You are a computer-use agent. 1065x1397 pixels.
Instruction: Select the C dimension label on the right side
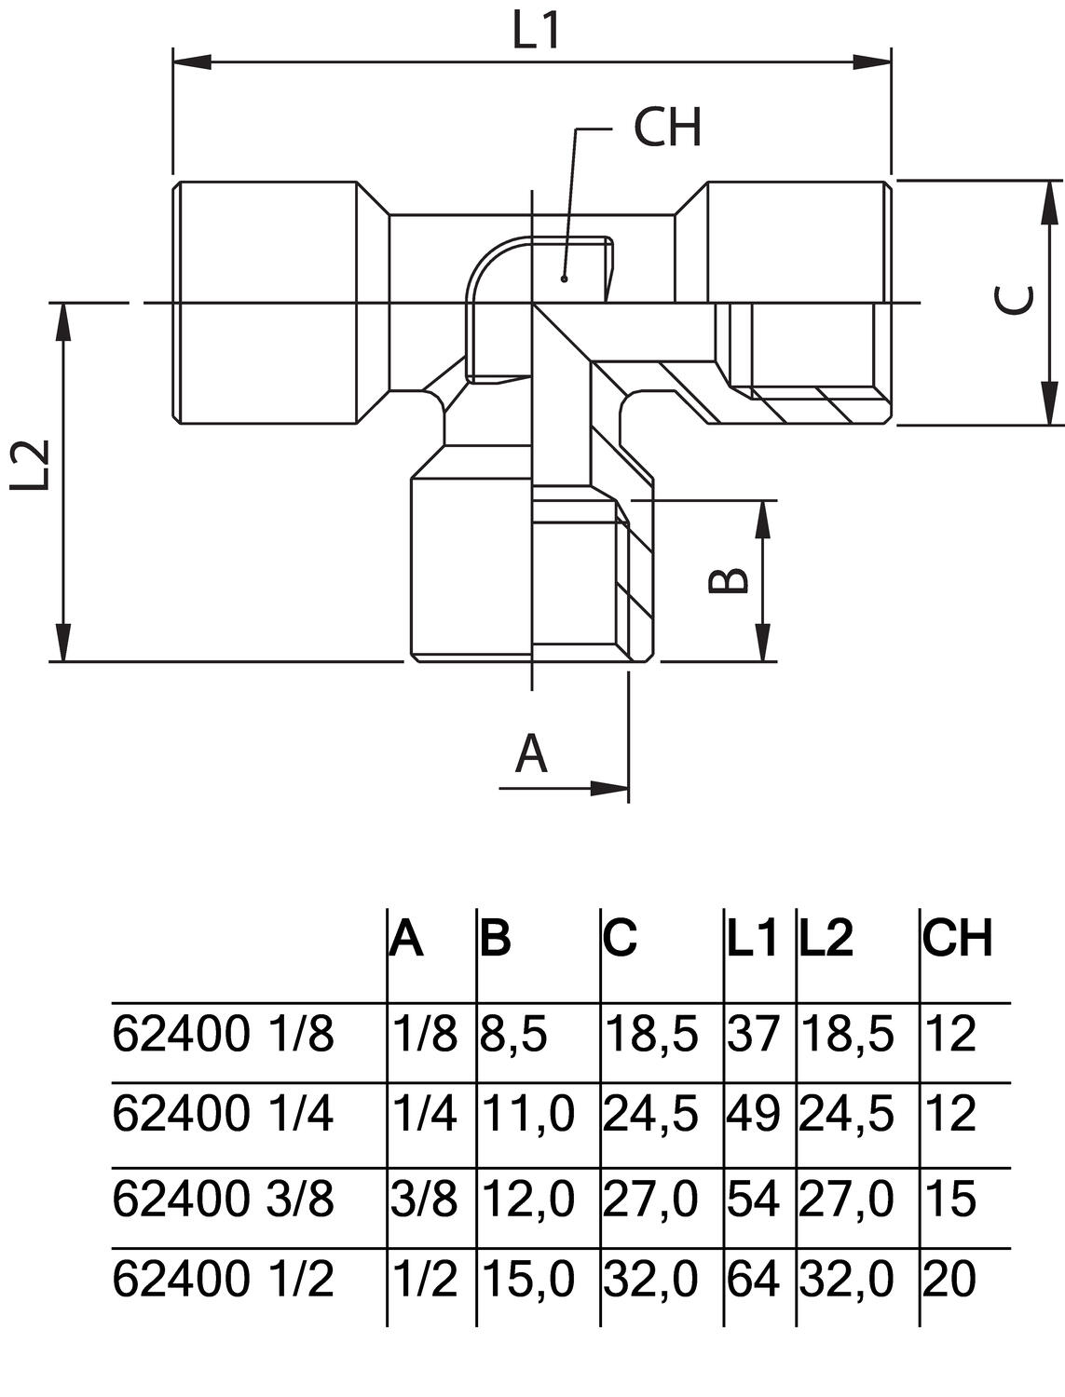1012,300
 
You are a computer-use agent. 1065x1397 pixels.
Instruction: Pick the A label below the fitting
531,754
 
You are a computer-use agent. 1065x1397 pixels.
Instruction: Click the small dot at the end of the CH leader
564,278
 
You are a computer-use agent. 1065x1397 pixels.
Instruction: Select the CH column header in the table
958,938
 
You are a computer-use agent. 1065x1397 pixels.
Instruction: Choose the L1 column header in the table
752,940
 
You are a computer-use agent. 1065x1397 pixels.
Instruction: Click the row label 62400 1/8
223,1035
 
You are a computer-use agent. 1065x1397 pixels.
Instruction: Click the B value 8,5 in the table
513,1035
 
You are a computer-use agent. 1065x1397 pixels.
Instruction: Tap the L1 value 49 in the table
754,1114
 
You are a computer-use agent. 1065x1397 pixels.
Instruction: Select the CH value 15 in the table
950,1198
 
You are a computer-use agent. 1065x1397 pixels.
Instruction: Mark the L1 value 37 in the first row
753,1035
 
